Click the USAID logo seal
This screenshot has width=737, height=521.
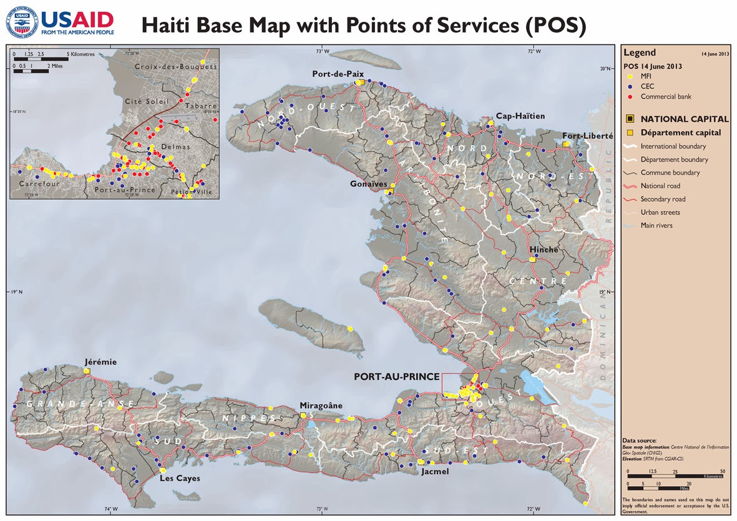tap(21, 21)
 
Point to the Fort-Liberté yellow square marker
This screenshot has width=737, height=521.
tap(566, 144)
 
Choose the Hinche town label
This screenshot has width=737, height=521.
tap(544, 250)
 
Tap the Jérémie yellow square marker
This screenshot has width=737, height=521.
tap(87, 371)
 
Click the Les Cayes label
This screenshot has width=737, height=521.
tap(175, 479)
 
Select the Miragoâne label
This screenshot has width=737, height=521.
tap(321, 405)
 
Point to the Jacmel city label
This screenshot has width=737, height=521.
tap(435, 472)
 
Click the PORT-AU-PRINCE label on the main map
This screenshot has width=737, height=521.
tap(396, 377)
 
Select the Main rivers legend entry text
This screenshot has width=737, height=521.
tap(656, 225)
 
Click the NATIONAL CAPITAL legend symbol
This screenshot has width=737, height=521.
tap(630, 119)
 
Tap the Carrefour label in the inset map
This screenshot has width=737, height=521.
tap(38, 184)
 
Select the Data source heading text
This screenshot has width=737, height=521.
tap(640, 441)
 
